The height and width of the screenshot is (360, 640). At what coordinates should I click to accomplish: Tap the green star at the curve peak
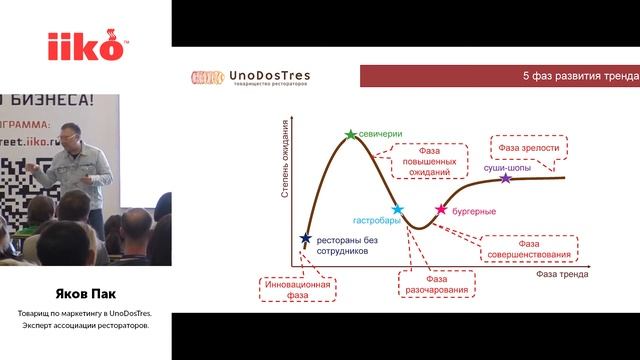pos(350,134)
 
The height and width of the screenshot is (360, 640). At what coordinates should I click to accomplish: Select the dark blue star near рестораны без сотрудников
pos(306,238)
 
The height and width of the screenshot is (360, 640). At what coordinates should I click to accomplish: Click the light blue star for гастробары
pos(398,210)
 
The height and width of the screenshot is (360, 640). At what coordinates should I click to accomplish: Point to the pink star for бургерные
pos(441,210)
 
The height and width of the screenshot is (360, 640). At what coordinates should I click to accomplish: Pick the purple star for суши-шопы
pos(505,179)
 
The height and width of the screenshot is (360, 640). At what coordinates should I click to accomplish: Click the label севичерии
pos(380,132)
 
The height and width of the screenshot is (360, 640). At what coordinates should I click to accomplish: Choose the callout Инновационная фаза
pos(295,289)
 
